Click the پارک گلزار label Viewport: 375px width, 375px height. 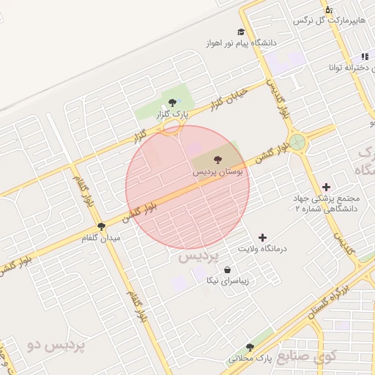pyautogui.click(x=176, y=115)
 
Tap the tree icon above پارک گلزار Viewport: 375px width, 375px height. pyautogui.click(x=172, y=103)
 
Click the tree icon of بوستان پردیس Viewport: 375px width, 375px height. pyautogui.click(x=217, y=159)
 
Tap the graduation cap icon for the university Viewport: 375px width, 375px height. pyautogui.click(x=241, y=31)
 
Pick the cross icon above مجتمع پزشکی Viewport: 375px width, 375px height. pyautogui.click(x=326, y=187)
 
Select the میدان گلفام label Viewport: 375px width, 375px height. pyautogui.click(x=118, y=238)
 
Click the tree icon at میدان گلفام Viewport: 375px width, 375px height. pyautogui.click(x=101, y=226)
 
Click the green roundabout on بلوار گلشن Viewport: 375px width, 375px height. pyautogui.click(x=297, y=141)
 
